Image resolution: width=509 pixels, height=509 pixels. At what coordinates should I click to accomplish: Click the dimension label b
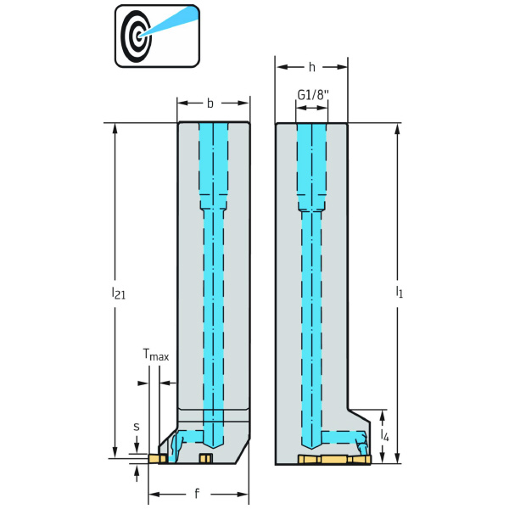pos(210,103)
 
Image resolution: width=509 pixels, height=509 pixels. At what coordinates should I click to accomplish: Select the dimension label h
pos(312,66)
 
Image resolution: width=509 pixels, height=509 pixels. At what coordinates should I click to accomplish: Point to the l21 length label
pos(118,293)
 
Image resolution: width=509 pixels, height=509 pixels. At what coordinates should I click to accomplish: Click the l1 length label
pos(400,293)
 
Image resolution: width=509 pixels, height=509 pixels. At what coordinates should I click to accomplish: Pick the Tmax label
pos(155,356)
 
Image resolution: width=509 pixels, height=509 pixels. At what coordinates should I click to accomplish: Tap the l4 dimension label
pos(385,436)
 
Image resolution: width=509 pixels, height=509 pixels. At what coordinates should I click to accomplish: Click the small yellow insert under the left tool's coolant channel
pos(204,459)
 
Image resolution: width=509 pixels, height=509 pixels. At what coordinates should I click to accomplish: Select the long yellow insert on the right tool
pos(334,460)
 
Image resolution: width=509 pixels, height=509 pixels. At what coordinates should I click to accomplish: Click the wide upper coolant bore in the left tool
pos(213,165)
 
